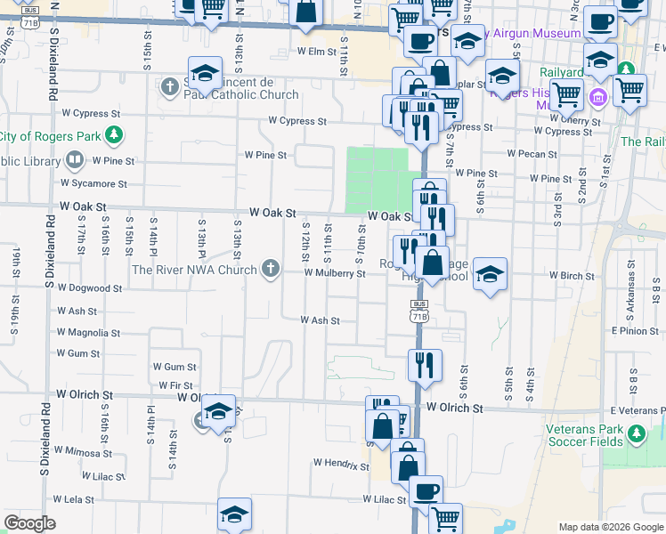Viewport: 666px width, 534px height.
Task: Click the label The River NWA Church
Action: tap(194, 270)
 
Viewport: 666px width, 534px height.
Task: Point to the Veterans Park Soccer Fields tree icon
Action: tap(636, 433)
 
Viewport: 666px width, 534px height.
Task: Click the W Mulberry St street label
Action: tap(335, 274)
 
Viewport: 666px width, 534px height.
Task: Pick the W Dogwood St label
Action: tap(90, 288)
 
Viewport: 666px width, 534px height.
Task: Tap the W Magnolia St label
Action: tap(87, 333)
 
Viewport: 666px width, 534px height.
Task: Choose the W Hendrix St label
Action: tap(341, 464)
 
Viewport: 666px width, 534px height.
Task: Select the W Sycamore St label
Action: tap(93, 183)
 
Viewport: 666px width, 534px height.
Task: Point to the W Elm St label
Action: tap(315, 52)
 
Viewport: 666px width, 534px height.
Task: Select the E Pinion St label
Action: tap(638, 331)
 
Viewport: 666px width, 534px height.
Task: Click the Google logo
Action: tap(29, 523)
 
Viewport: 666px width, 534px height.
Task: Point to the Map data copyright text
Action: tap(609, 527)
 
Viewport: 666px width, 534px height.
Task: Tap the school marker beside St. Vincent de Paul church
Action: tap(205, 74)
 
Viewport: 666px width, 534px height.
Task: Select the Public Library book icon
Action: tap(75, 161)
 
